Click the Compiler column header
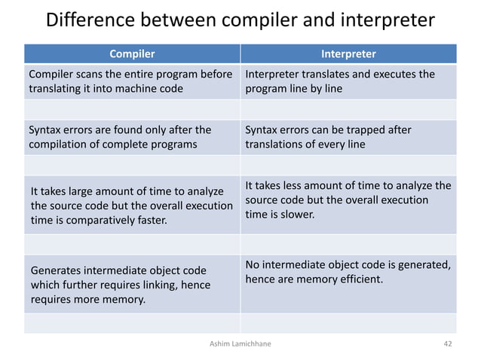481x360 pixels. click(132, 54)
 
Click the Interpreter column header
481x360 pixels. click(348, 54)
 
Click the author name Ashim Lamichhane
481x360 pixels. click(240, 344)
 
